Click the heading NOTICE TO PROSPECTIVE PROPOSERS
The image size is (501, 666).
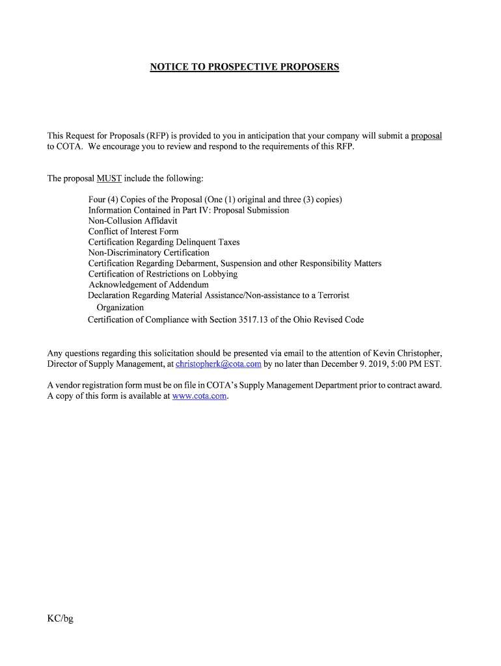245,67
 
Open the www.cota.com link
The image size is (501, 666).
199,396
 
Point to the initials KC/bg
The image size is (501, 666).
60,619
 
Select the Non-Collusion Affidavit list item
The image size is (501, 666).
133,221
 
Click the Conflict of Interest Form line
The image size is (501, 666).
133,232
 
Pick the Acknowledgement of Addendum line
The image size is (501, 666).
148,285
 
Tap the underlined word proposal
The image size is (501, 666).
426,136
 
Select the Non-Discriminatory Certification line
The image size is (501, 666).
149,252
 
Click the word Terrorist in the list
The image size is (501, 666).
329,295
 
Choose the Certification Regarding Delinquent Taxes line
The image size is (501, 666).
164,242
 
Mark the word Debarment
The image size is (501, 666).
196,263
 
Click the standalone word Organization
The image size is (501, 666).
120,308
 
